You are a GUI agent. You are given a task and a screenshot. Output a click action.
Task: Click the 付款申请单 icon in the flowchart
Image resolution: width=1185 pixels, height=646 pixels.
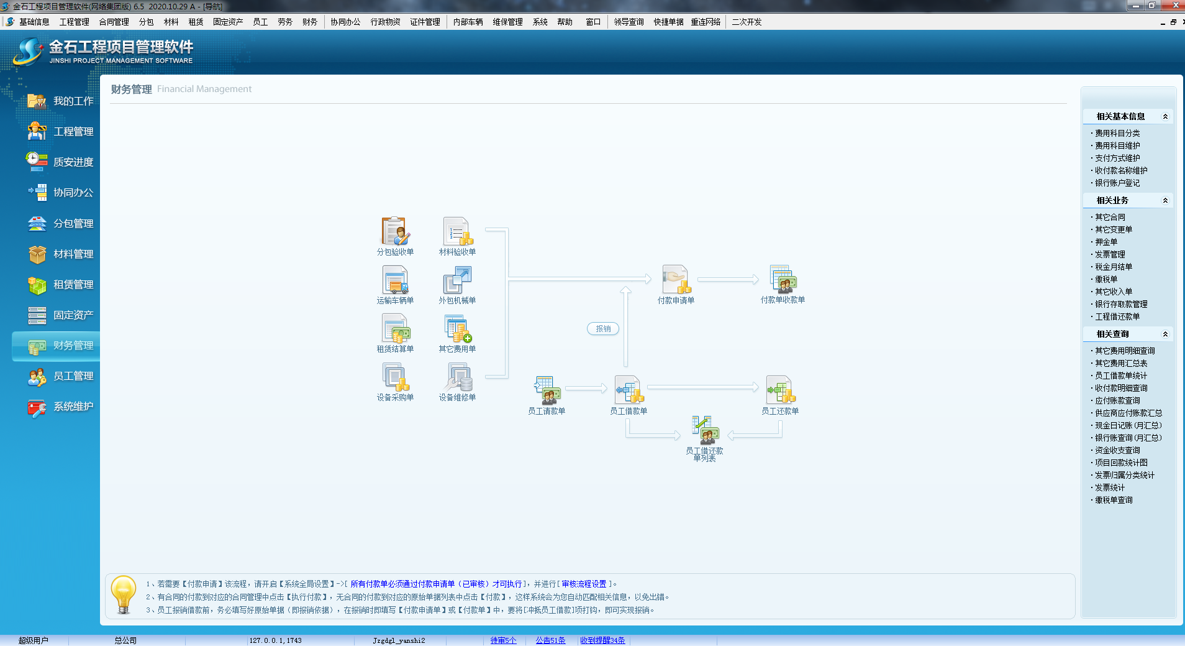[x=676, y=279]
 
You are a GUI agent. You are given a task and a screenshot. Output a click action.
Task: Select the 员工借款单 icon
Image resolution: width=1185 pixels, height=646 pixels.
[x=629, y=390]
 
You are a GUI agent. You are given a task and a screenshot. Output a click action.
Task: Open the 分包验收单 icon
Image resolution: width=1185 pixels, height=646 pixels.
[x=395, y=231]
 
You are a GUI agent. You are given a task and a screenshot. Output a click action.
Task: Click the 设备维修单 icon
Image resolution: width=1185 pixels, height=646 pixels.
[x=458, y=377]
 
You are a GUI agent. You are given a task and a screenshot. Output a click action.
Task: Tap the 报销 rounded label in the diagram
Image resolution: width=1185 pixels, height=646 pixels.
[x=603, y=329]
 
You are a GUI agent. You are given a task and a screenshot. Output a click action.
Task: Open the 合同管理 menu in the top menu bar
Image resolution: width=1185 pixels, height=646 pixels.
[x=114, y=22]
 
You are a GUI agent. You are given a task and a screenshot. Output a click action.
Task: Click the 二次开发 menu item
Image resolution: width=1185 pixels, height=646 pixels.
[x=747, y=22]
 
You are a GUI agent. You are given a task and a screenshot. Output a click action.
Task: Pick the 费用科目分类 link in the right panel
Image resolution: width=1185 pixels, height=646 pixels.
[x=1117, y=133]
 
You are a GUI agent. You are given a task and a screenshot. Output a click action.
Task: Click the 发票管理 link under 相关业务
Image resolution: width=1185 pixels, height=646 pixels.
[x=1110, y=254]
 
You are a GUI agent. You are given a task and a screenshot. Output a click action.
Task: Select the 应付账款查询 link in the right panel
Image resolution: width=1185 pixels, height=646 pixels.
[x=1117, y=400]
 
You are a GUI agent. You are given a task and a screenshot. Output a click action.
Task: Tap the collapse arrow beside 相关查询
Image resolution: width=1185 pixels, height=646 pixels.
[x=1165, y=334]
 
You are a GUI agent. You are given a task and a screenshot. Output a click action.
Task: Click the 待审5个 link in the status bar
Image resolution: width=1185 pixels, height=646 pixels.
[x=503, y=640]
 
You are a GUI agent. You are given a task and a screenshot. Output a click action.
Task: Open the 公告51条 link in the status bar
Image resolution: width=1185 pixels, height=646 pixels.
[x=550, y=640]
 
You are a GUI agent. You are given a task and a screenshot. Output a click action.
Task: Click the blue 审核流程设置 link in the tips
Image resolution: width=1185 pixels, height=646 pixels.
[x=584, y=584]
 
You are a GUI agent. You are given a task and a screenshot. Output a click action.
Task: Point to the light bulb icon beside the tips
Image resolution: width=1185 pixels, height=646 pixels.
[x=123, y=594]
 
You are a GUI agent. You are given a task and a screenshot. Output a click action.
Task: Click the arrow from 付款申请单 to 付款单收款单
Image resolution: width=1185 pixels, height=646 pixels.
[x=728, y=280]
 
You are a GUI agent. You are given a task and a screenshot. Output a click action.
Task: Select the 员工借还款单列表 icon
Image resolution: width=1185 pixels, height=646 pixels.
[x=705, y=430]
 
